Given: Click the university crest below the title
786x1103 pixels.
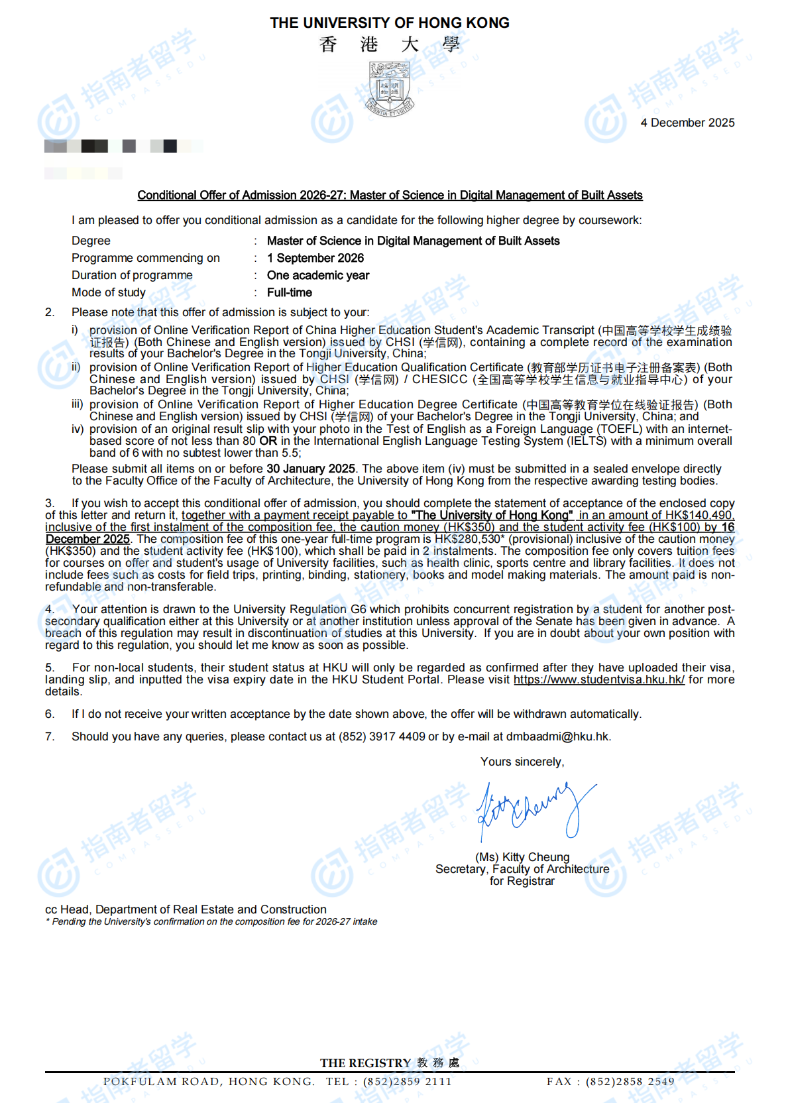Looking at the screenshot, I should tap(391, 89).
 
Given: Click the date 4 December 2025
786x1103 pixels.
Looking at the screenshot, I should tap(687, 123).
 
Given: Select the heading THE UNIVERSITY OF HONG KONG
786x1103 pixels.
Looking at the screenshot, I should tap(390, 23).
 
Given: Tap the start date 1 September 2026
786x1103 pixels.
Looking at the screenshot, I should tap(315, 258).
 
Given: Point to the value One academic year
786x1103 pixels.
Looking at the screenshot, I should tap(318, 275).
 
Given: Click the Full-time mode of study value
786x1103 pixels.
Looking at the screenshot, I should tap(290, 292).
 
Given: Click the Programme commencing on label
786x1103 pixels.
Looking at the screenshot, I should tap(146, 258).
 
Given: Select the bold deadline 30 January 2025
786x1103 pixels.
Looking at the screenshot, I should tap(311, 469).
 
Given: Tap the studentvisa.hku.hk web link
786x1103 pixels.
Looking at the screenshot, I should tap(599, 679).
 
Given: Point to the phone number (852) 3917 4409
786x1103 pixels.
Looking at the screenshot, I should tap(382, 736).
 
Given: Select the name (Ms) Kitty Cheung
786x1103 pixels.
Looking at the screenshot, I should tap(522, 857).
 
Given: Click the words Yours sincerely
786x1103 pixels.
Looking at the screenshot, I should tap(522, 762).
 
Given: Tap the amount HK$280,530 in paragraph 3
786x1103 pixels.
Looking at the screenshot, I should tap(467, 539).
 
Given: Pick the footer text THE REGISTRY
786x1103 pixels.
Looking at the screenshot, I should tap(366, 1063).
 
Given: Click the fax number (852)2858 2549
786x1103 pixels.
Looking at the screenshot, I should tap(630, 1082).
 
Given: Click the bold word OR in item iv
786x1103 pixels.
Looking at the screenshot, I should tap(268, 441).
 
